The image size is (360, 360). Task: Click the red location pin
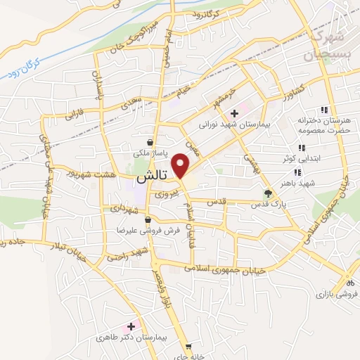point(181,166)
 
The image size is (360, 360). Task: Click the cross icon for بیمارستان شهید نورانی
point(234,113)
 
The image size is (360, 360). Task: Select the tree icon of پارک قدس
point(266,193)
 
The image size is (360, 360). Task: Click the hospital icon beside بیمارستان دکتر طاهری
point(131,326)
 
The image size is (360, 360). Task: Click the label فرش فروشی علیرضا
point(150,230)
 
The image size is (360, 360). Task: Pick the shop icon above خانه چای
point(188,347)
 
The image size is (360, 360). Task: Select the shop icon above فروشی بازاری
point(347,282)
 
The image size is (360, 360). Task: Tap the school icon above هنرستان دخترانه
point(323,110)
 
